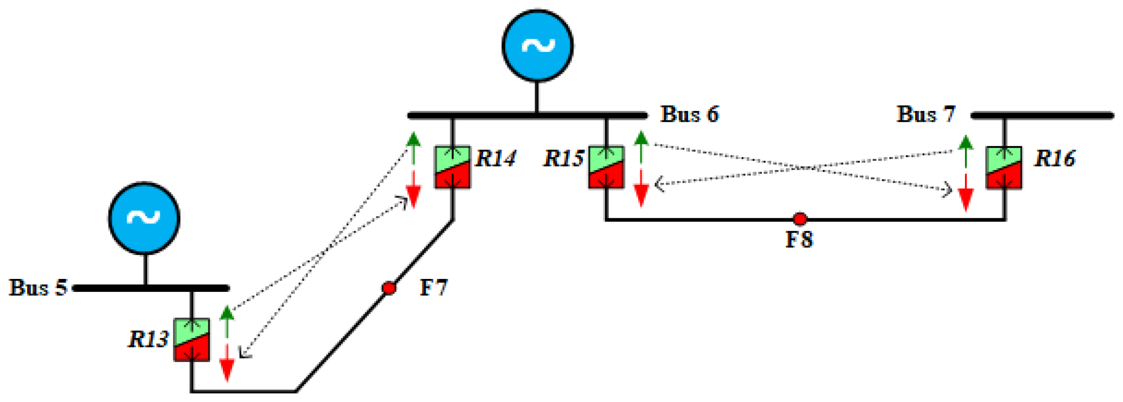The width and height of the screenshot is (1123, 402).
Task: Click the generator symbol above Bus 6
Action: coord(537,45)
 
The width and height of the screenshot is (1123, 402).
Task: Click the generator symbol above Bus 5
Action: coord(144,217)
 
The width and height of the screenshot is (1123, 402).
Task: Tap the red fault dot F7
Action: coord(389,288)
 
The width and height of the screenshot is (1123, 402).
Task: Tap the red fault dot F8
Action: coord(800,219)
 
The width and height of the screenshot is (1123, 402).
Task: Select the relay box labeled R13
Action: coord(192,340)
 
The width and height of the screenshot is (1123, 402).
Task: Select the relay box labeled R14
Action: coord(452,167)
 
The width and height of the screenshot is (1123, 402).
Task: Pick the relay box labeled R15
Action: coord(606,167)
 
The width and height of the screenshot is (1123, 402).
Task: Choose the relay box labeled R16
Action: coord(1004,168)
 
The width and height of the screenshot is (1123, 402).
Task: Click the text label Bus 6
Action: coord(689,114)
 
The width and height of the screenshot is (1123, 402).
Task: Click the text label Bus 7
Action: coord(926,114)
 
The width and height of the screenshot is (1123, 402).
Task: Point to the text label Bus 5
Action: coord(38,288)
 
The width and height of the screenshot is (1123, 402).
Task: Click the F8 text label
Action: coord(799,239)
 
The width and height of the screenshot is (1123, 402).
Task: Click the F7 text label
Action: coord(433,288)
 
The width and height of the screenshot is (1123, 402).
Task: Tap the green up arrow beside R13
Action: coord(227,322)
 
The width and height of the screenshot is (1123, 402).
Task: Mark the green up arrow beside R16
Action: coord(966,151)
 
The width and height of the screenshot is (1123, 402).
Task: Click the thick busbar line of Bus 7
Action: coord(1042,116)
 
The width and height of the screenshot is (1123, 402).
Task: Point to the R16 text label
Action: coord(1055,159)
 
